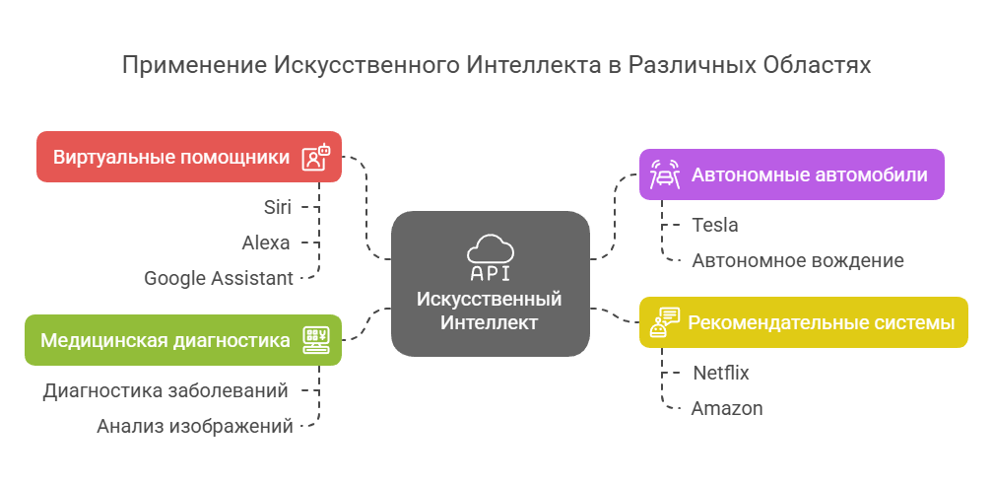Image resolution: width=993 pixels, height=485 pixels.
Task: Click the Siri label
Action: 277,207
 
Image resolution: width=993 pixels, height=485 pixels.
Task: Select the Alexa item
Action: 266,242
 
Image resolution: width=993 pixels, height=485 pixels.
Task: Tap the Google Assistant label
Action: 218,278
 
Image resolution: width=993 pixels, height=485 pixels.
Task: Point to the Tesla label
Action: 715,225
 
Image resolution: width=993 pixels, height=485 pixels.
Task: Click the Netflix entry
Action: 720,373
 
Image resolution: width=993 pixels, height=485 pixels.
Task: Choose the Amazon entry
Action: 726,408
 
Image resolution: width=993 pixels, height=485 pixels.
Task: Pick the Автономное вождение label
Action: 798,260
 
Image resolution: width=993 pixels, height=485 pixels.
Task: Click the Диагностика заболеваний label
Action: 165,390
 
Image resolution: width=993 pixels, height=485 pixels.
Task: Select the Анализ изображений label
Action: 195,426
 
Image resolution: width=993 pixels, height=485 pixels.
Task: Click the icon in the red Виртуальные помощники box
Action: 315,157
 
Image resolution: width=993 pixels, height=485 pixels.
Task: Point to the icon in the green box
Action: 315,340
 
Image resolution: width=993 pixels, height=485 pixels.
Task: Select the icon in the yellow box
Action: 665,322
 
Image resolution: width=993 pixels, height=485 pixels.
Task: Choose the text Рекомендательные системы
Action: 821,322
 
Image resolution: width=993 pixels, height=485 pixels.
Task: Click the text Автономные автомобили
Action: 809,175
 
